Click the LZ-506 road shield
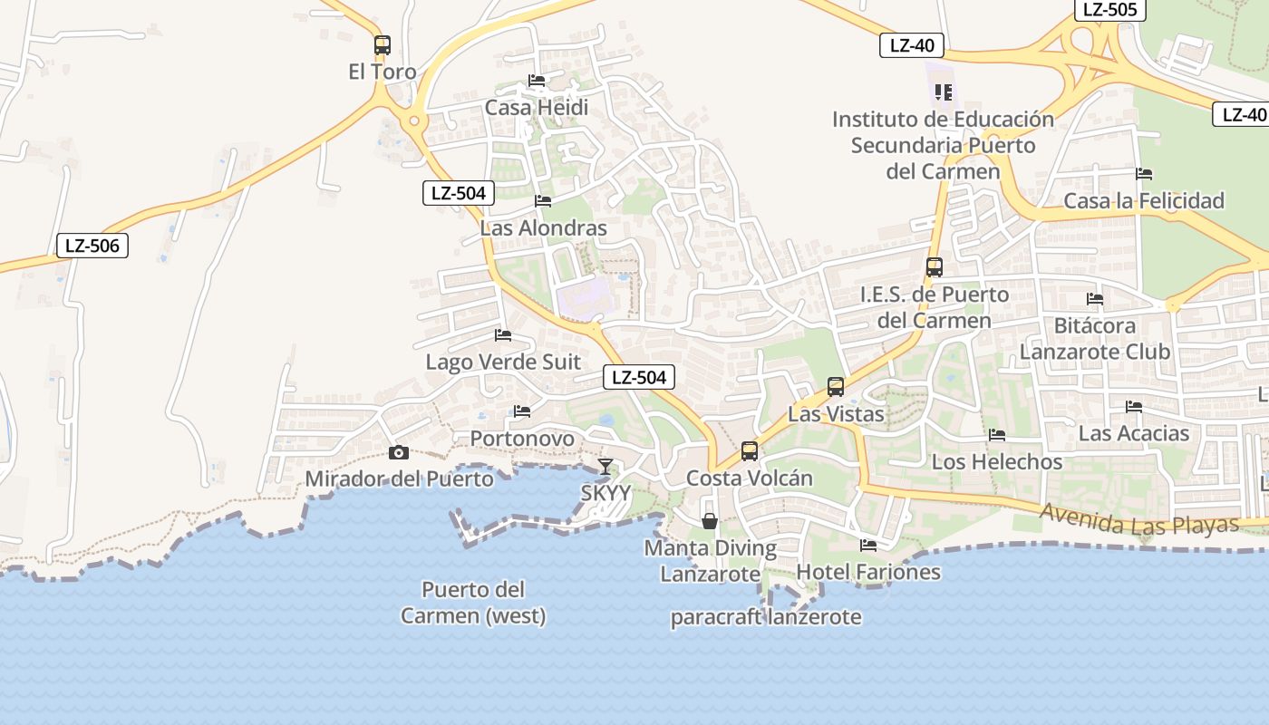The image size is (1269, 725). tap(92, 246)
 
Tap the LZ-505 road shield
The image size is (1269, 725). tap(1109, 10)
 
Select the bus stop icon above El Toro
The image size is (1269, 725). tap(383, 44)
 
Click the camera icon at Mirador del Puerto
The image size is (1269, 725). tap(398, 452)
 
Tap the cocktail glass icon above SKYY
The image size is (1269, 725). tap(605, 467)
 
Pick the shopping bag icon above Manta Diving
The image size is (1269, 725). tap(710, 521)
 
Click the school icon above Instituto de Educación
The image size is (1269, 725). tap(944, 92)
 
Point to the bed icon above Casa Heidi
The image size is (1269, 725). tap(537, 81)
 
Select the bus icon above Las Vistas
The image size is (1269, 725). tap(836, 387)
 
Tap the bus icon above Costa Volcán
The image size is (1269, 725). tap(750, 450)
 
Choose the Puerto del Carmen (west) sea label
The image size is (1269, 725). tap(473, 603)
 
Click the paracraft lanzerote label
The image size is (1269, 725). tap(766, 618)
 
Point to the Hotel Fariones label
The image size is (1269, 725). tap(868, 572)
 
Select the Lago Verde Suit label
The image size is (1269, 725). tap(503, 362)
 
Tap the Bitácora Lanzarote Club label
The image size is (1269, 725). tap(1095, 338)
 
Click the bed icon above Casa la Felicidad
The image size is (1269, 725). tap(1144, 174)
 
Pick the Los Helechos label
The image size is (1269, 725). tap(997, 462)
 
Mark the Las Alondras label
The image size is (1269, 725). tap(543, 227)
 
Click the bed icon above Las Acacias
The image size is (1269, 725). tap(1133, 407)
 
